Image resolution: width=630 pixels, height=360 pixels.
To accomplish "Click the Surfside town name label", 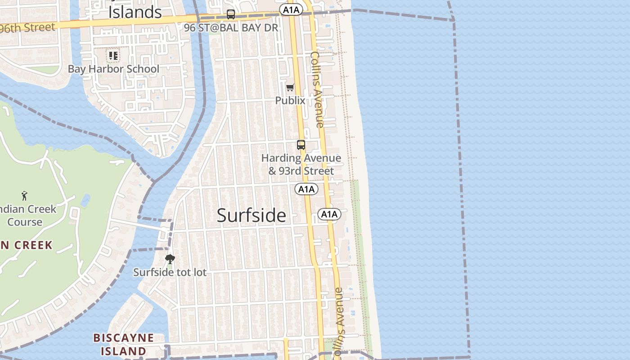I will (251, 215).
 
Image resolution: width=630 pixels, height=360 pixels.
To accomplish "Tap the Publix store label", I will (290, 100).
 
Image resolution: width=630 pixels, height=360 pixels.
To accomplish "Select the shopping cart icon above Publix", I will (290, 87).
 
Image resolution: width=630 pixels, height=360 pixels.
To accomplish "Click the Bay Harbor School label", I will (113, 69).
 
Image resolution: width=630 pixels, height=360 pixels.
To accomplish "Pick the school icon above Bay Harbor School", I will (113, 56).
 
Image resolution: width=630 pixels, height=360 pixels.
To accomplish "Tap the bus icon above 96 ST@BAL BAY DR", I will (231, 14).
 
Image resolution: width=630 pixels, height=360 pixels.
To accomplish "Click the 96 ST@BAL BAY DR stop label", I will (231, 27).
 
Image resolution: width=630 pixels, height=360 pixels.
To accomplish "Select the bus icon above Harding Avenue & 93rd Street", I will (301, 145).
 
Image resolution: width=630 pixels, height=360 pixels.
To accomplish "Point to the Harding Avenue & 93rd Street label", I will (301, 164).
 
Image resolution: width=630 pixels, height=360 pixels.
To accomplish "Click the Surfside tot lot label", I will (170, 272).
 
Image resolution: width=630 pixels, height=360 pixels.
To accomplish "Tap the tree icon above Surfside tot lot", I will (170, 259).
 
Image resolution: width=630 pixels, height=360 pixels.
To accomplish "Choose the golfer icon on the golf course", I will (24, 196).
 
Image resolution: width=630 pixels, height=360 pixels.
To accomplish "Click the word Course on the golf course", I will (25, 222).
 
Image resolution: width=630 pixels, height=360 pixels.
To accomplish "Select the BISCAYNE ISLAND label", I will (123, 344).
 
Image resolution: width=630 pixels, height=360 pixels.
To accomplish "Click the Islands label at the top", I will (135, 12).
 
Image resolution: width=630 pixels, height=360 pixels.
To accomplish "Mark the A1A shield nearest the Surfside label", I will (329, 214).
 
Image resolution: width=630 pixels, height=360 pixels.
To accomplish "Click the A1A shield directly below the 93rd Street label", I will (306, 189).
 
